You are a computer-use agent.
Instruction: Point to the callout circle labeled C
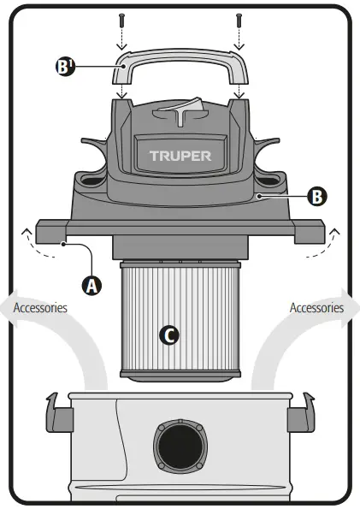tap(170, 334)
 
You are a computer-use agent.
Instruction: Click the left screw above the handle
tap(123, 17)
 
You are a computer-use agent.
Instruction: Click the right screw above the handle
tap(239, 17)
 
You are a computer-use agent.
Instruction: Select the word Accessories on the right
tap(317, 307)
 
